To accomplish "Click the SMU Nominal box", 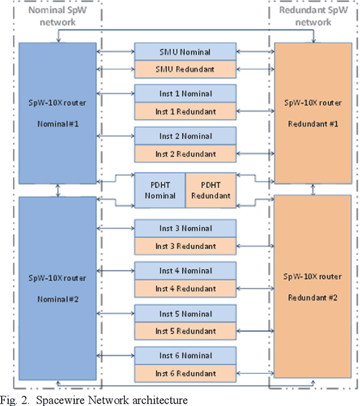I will [185, 52].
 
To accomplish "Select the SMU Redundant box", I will [185, 69].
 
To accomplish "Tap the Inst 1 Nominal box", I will [185, 94].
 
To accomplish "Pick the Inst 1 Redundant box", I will [185, 111].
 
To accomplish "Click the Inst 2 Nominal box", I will [185, 136].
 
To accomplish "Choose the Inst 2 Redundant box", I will [185, 154].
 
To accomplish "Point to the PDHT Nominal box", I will [160, 190].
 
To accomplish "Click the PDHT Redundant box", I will [210, 190].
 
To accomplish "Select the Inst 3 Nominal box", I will [185, 229].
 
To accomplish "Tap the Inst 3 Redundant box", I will [185, 246].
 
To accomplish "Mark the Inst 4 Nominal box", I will [185, 271].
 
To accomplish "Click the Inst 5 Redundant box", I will [185, 331].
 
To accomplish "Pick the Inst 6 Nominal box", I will [185, 356].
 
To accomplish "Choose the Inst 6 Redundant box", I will [185, 373].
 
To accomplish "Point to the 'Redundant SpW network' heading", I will [313, 17].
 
